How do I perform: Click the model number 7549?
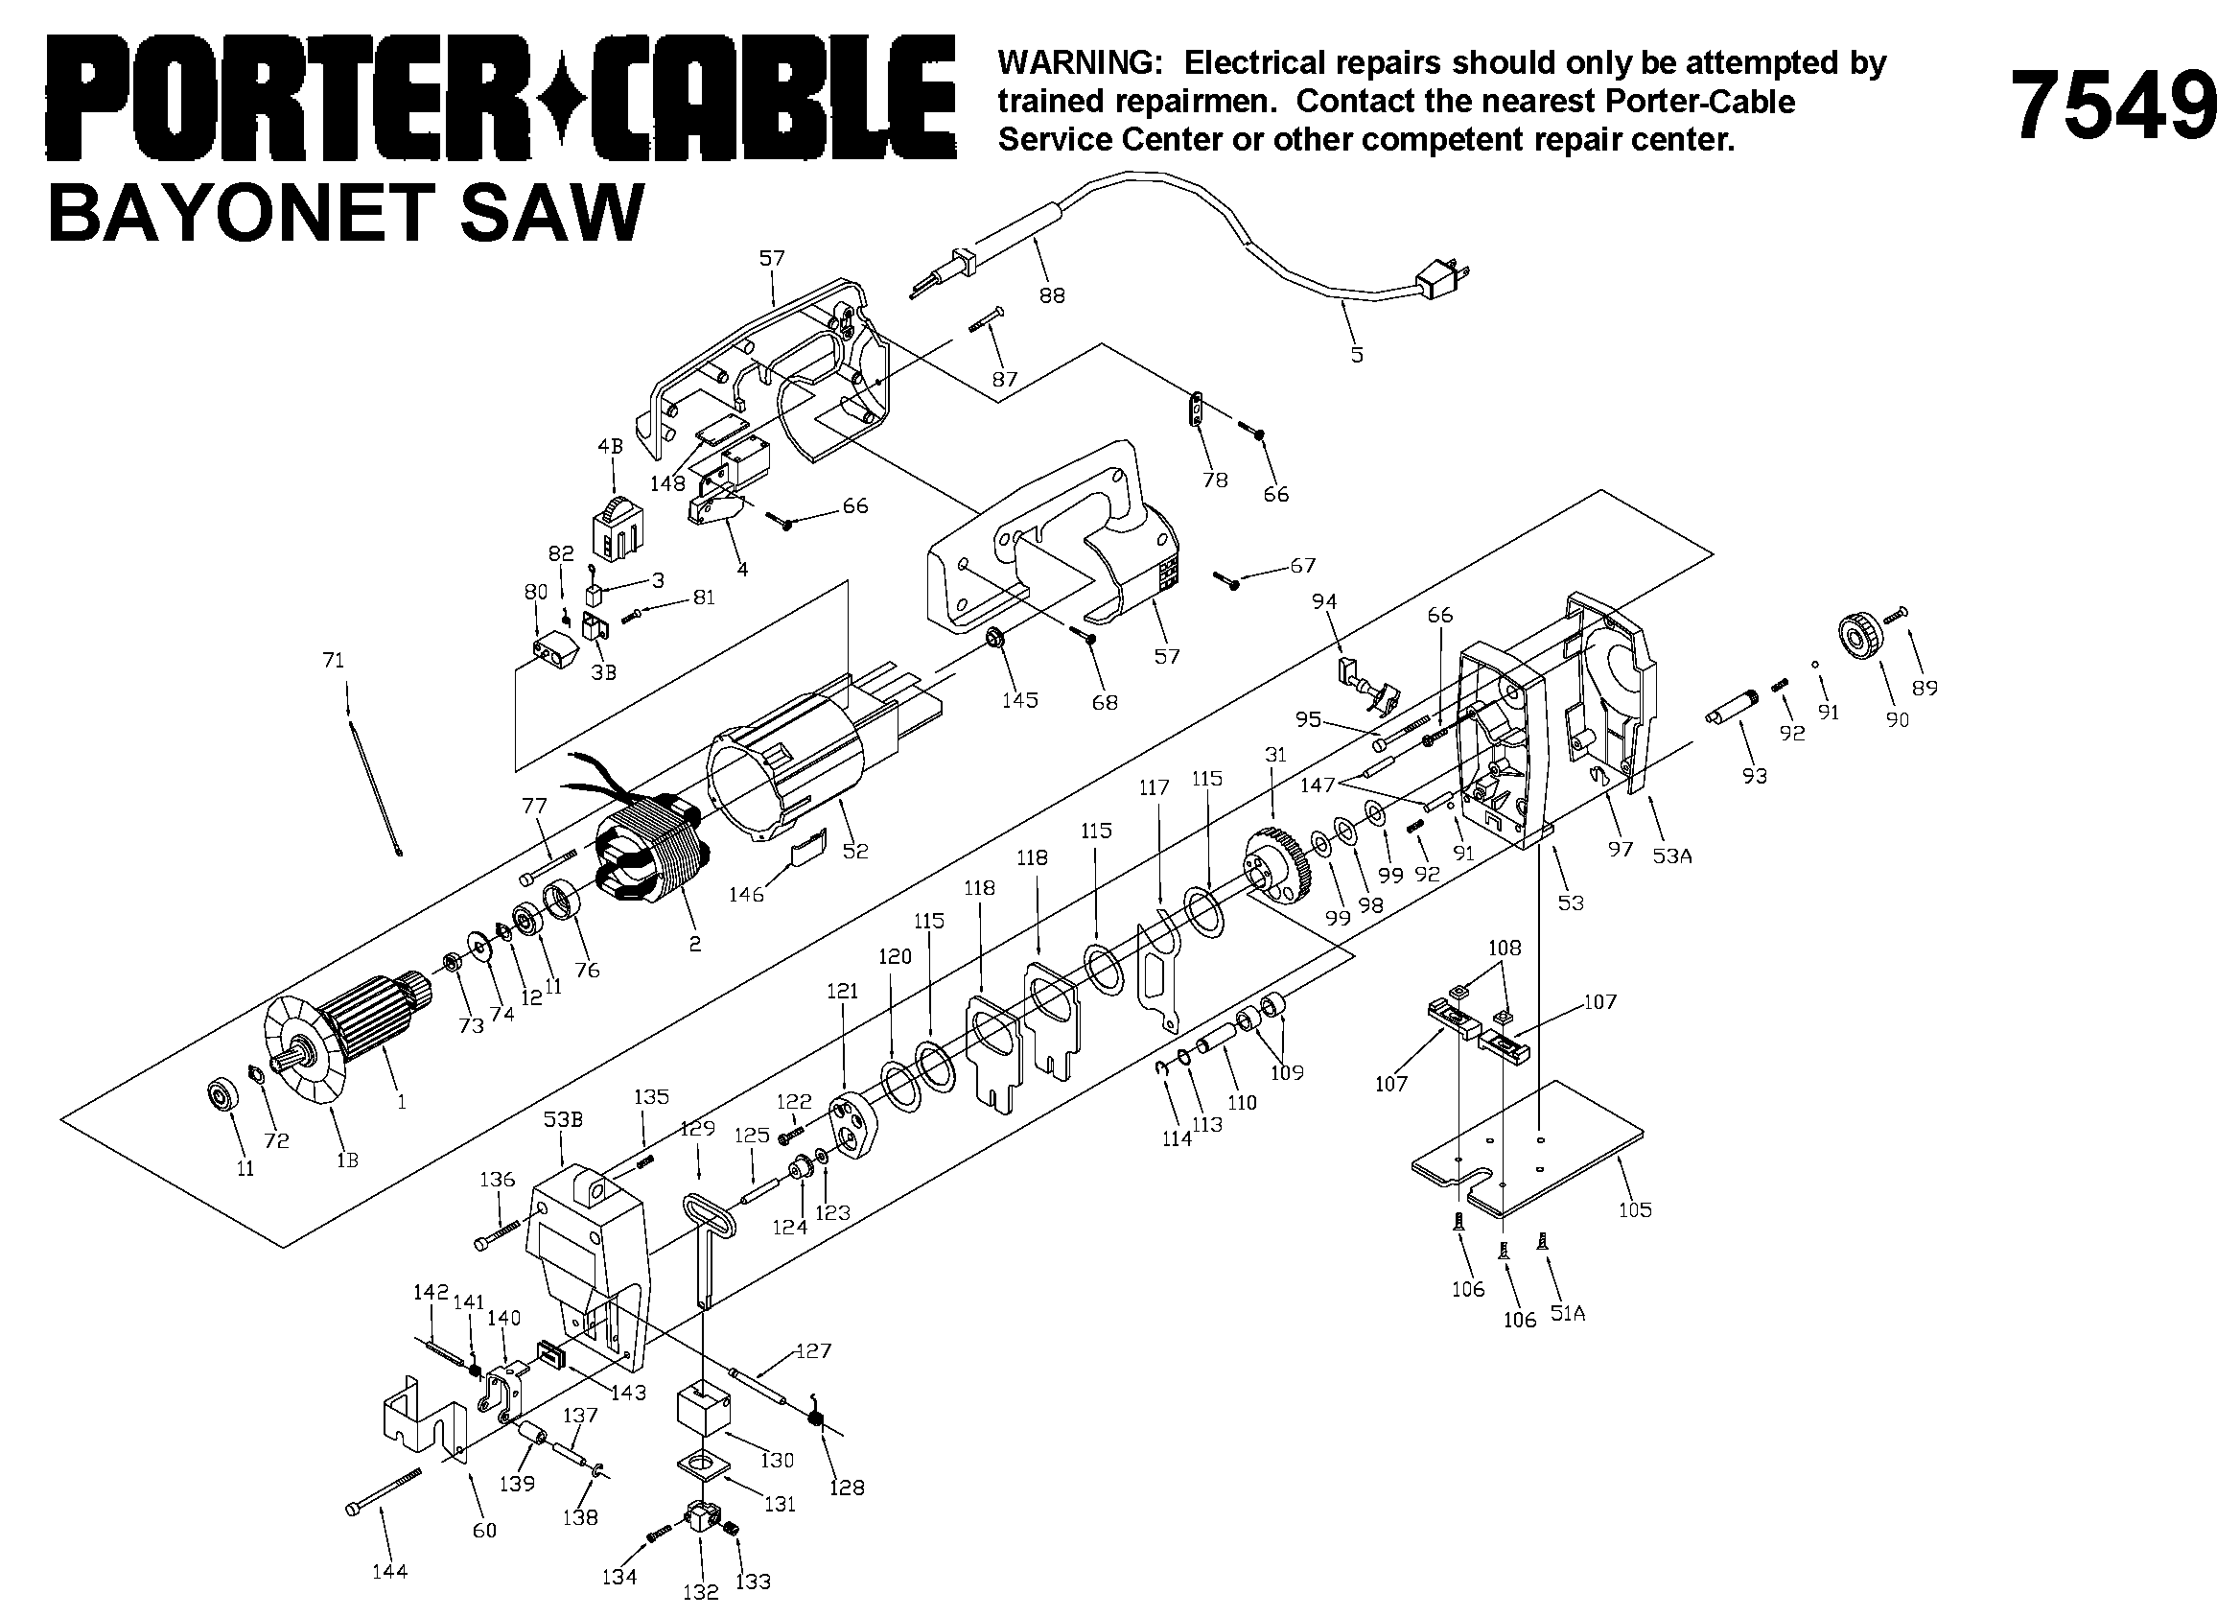[x=2112, y=104]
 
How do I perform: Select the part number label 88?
[x=1052, y=294]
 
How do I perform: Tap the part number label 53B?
[x=563, y=1119]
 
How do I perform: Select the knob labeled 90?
[x=1862, y=636]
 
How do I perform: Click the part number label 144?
[x=390, y=1571]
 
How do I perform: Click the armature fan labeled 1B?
[x=299, y=1057]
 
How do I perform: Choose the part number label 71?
[x=334, y=659]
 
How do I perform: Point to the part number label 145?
[x=1020, y=699]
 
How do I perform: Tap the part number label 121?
[x=843, y=991]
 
